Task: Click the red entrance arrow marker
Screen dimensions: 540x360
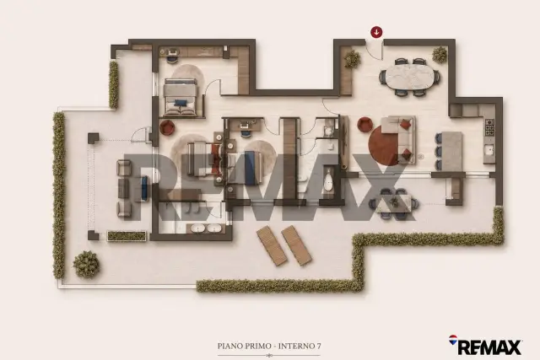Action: (x=377, y=32)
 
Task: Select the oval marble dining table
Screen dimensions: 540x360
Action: (x=409, y=78)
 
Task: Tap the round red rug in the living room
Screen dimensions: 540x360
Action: (x=385, y=145)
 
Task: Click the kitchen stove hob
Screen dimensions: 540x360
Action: (x=489, y=127)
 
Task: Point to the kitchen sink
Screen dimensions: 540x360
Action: (x=489, y=150)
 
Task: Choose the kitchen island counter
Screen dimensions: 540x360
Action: (x=452, y=151)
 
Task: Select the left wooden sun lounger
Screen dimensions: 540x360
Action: (x=272, y=245)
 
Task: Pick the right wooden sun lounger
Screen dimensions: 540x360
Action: (x=296, y=245)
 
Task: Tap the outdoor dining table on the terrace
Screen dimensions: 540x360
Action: (x=394, y=204)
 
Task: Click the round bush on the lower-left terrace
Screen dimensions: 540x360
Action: (x=86, y=265)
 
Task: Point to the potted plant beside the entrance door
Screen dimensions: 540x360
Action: (x=353, y=59)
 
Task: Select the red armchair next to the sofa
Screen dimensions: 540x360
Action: (x=364, y=125)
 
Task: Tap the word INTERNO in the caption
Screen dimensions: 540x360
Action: (x=296, y=346)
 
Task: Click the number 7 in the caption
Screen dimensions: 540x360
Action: (x=319, y=346)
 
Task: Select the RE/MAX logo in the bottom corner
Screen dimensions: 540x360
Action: (x=485, y=345)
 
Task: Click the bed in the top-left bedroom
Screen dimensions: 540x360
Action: (x=181, y=97)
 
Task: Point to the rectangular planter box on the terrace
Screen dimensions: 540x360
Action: (x=127, y=236)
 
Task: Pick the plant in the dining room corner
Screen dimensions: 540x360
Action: (x=440, y=55)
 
